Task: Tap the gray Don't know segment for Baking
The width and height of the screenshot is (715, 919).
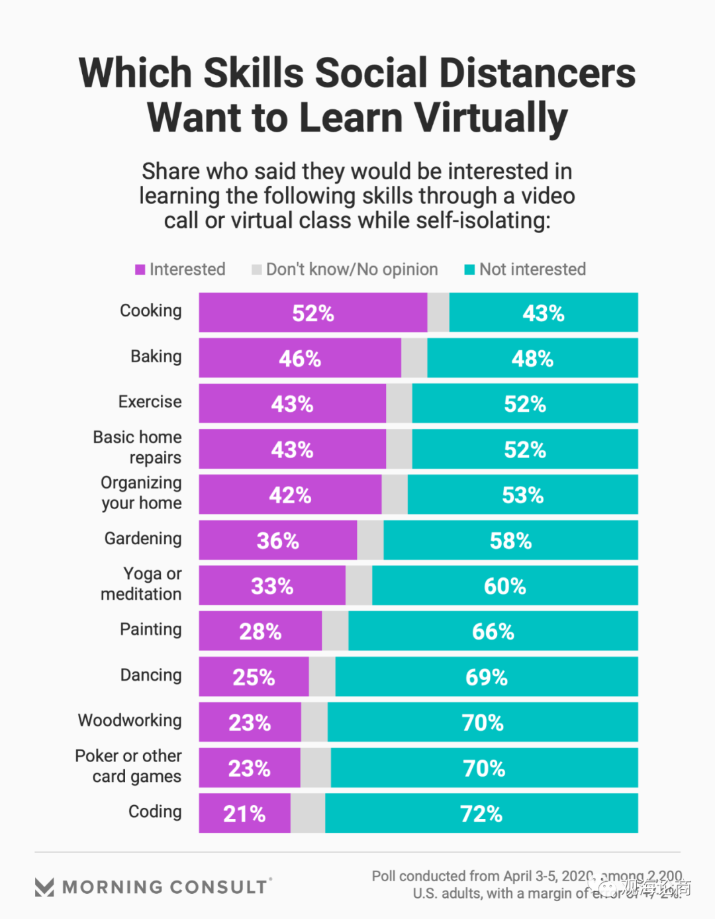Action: (414, 358)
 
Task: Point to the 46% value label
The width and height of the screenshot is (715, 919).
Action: (300, 359)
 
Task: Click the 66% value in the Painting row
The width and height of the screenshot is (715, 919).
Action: (493, 632)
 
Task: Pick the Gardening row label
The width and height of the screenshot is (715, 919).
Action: (143, 538)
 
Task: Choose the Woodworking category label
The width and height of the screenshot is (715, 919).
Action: (130, 720)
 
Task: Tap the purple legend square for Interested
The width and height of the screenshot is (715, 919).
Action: (140, 269)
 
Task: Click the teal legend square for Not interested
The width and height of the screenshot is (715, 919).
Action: (469, 269)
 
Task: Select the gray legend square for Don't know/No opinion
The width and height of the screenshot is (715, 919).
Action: (257, 269)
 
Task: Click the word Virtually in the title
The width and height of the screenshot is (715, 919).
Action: (491, 118)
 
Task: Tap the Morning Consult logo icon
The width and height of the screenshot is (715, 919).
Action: (44, 887)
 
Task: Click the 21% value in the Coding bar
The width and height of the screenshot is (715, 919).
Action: (244, 814)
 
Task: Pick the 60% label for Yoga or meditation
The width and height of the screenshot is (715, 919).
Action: (505, 586)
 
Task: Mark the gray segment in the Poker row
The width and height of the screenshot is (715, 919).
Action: (315, 768)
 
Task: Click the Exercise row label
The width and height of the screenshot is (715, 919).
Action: (150, 402)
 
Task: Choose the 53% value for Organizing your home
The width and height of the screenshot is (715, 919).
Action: (523, 495)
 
